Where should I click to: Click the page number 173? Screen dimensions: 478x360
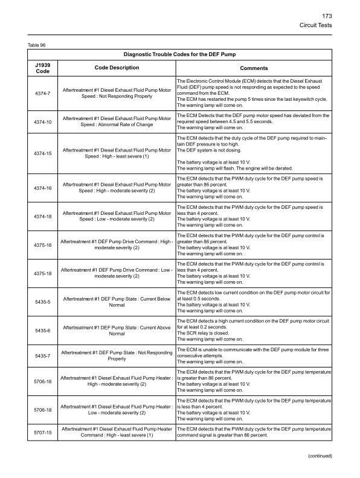click(x=326, y=16)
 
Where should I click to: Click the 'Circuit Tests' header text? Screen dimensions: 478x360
click(x=316, y=25)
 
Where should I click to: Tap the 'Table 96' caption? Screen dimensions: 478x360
click(x=37, y=45)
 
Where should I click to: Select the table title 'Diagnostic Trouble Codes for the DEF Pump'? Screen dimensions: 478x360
click(x=179, y=54)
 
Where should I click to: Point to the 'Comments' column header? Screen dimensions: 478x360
click(x=254, y=68)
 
